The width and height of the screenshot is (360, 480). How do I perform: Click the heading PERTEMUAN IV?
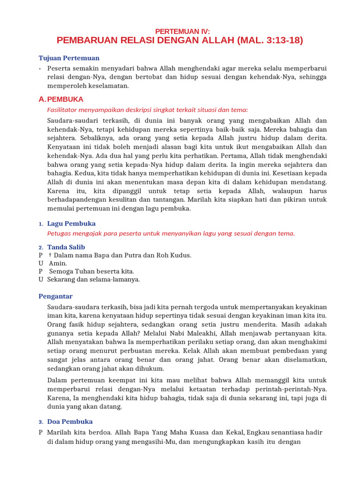coord(180,31)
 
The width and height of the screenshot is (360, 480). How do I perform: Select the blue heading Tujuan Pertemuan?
coord(69,58)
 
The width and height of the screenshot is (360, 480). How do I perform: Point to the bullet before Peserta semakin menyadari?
coord(40,68)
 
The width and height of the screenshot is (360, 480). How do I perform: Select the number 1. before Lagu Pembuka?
coord(41,224)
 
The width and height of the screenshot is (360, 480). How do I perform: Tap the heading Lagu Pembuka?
coord(71,224)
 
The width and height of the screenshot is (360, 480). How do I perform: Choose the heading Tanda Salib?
coord(66,247)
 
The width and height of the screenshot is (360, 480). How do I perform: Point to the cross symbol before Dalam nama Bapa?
coord(50,255)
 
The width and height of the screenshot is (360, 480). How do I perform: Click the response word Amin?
coord(58,263)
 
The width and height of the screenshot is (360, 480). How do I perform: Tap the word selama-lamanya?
coord(116,279)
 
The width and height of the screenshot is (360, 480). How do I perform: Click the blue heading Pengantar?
coord(55,296)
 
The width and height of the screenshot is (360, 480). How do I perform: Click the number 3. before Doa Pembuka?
coord(41,422)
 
